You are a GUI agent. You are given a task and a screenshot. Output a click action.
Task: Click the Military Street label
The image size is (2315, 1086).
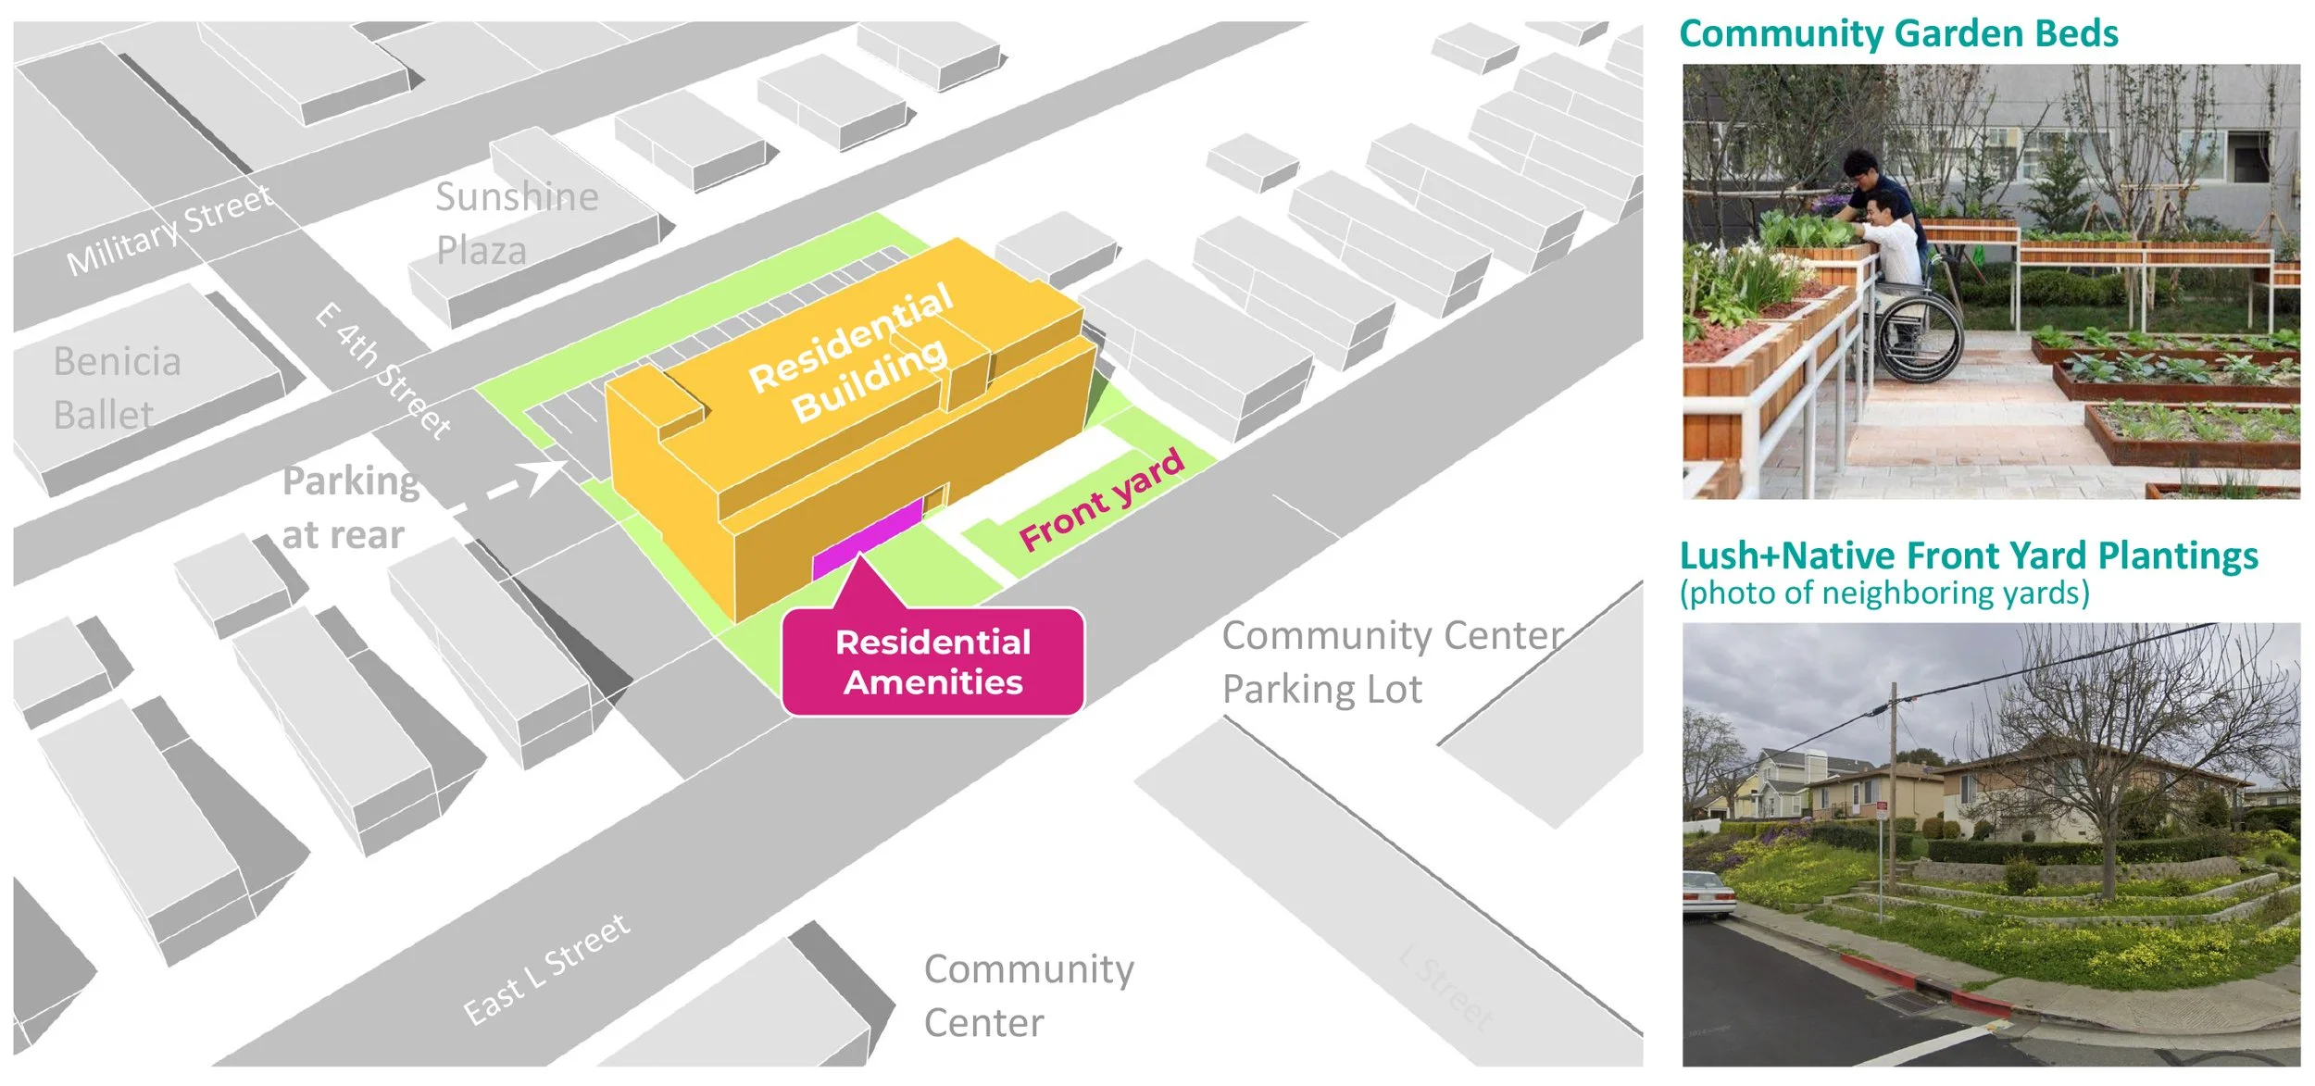169,230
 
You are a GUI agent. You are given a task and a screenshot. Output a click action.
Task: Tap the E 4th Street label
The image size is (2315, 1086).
382,370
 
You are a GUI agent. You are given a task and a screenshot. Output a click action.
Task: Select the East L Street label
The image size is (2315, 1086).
546,968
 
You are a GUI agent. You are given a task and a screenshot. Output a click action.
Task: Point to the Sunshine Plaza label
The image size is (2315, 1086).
517,223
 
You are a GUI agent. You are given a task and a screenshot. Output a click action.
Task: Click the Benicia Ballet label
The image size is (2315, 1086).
117,388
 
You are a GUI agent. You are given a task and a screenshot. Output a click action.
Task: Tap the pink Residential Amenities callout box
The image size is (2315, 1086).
932,662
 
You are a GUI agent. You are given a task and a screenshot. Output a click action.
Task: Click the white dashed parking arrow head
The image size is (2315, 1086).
546,473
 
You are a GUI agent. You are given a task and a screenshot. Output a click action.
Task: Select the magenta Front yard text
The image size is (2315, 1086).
1101,501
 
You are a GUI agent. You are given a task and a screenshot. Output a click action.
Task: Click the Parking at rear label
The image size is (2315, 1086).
350,507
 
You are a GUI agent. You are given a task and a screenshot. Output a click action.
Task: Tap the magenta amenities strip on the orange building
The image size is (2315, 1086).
867,537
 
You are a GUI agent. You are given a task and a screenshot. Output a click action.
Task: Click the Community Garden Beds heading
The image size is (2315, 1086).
1898,33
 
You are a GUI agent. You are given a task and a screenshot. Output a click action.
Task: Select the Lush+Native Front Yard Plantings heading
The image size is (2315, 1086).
1969,555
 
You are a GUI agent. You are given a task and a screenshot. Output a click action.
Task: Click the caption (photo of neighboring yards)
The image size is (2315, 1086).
1884,593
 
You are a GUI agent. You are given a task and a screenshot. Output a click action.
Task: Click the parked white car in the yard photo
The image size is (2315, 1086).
1707,893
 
